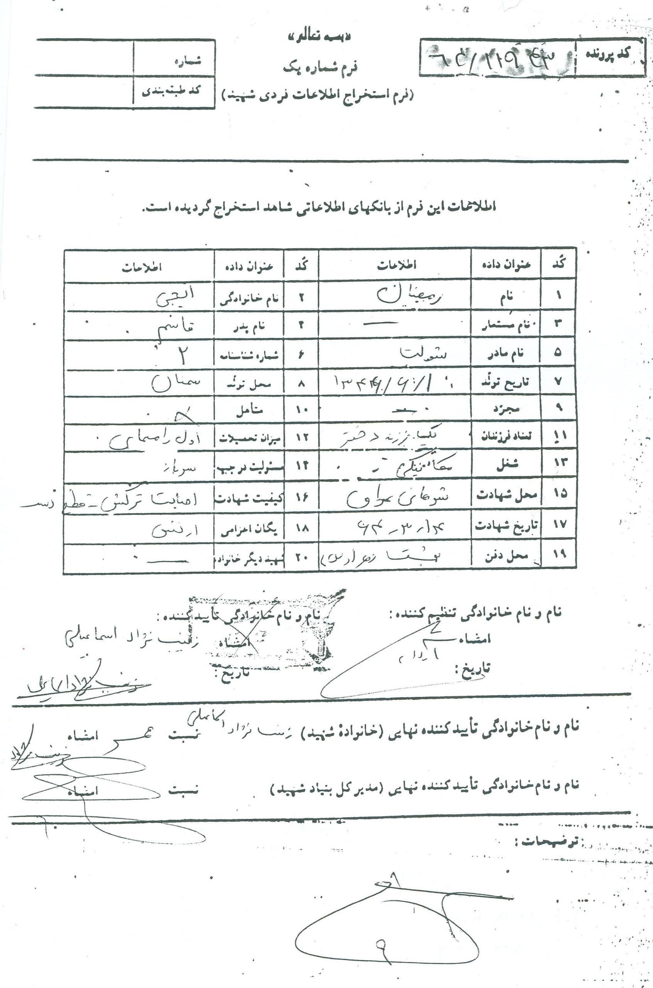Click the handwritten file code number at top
pos(496,58)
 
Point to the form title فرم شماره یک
pos(320,67)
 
